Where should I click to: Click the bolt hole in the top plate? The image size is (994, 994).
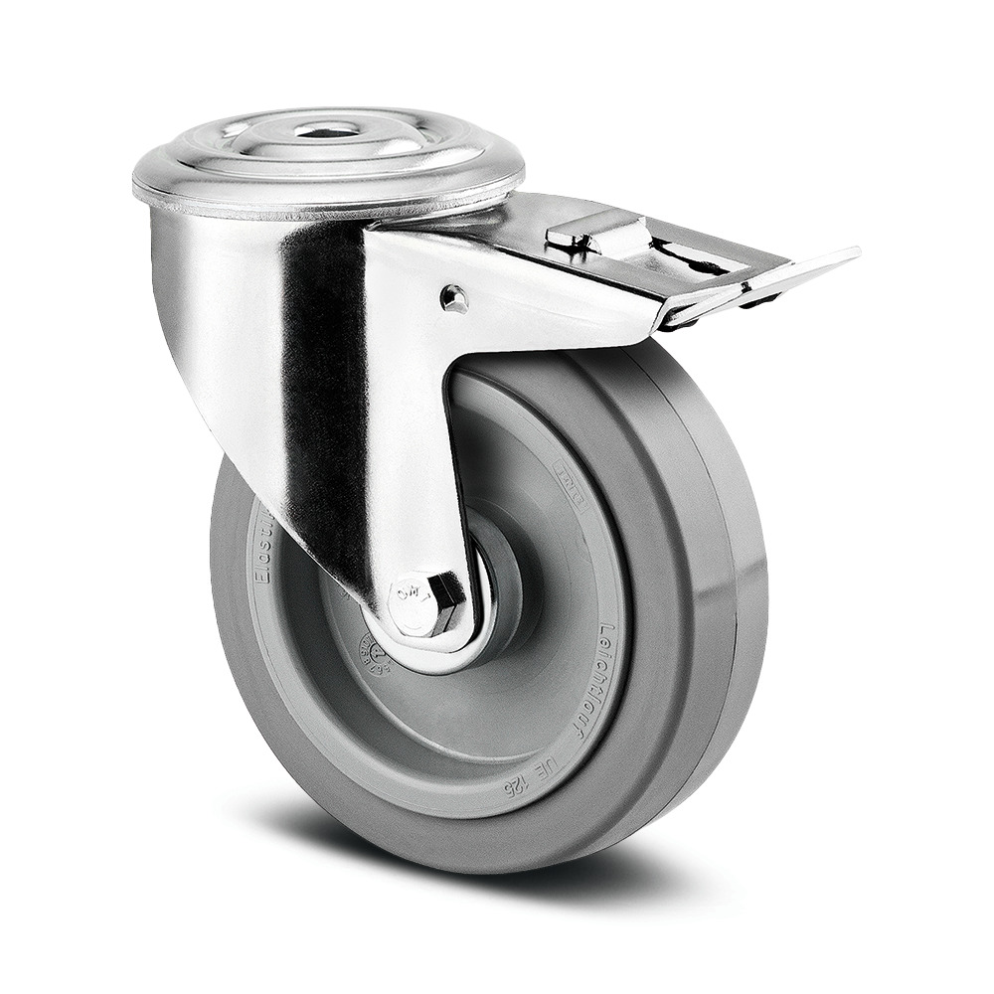coord(327,129)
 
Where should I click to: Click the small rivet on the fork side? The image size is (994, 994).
coord(454,298)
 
